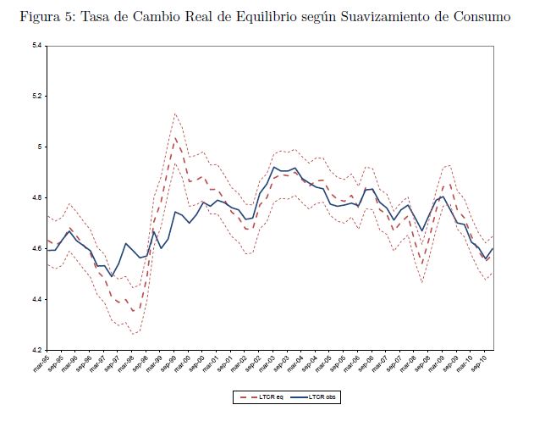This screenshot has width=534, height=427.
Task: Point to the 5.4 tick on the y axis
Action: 38,45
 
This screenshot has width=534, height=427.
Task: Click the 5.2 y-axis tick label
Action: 38,96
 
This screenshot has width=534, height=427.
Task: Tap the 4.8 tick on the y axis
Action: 38,197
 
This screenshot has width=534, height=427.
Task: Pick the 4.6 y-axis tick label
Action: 38,248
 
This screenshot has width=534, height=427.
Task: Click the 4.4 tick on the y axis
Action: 38,299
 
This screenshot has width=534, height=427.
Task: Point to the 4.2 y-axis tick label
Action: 38,350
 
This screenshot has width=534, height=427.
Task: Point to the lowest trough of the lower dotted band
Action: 133,335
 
